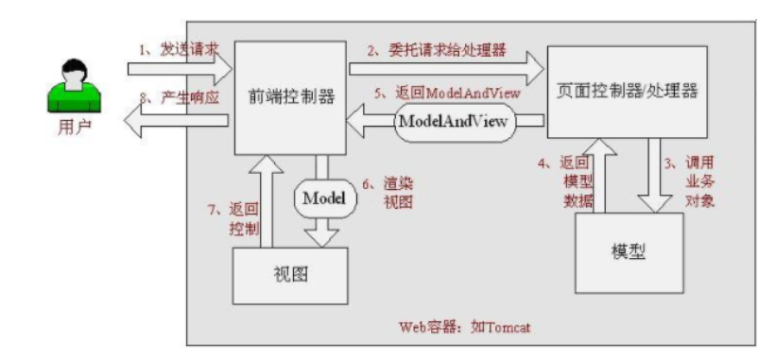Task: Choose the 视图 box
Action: coord(291,275)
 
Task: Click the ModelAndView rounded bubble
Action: coord(454,122)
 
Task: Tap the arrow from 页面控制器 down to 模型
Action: coord(653,177)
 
